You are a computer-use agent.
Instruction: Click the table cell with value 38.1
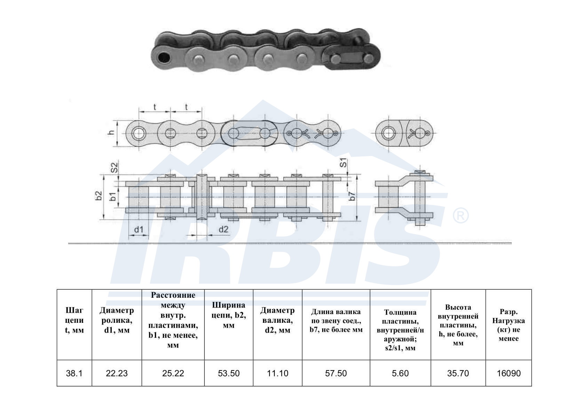(x=74, y=373)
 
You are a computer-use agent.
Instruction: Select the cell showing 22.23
(x=117, y=373)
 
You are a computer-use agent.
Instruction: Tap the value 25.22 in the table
(x=173, y=373)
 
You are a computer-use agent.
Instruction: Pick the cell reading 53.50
(x=229, y=373)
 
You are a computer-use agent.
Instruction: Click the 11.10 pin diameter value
(x=278, y=373)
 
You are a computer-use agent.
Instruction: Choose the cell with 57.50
(x=336, y=373)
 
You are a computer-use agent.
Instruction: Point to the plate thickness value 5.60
(x=400, y=373)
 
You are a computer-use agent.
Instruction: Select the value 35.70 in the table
(x=458, y=373)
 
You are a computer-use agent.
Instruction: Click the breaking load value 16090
(x=509, y=373)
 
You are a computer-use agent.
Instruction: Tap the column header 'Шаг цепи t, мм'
(x=74, y=320)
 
